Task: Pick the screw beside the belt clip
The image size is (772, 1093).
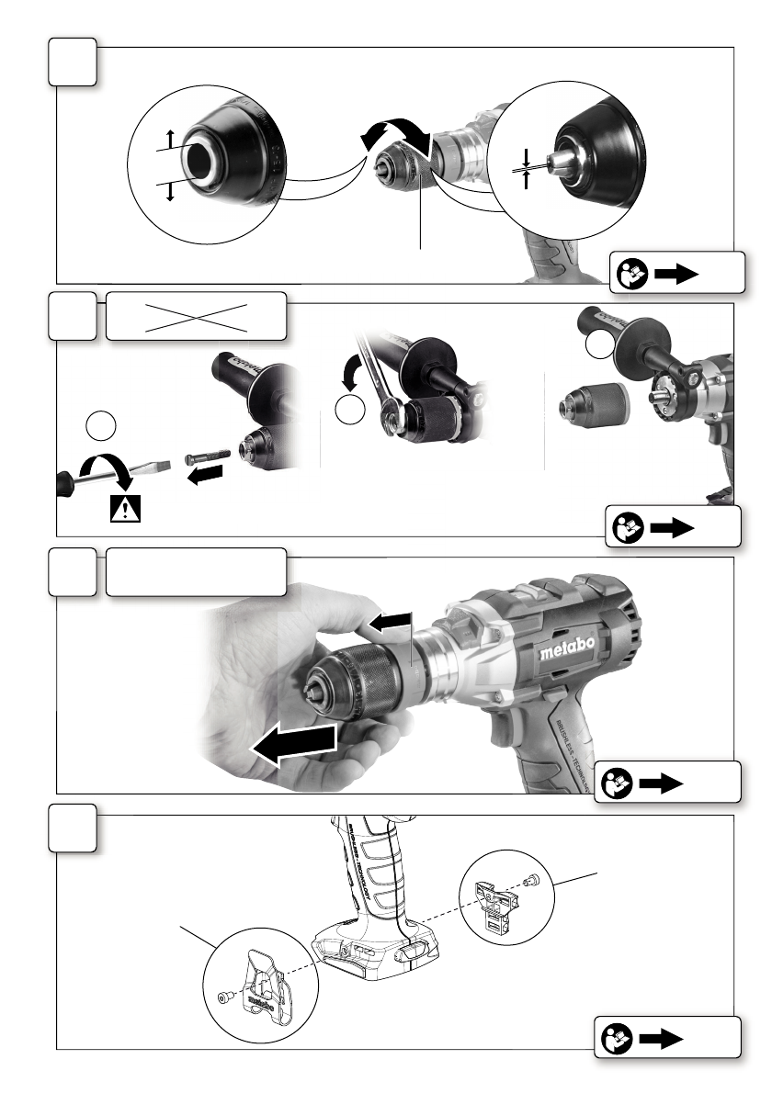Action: (x=223, y=997)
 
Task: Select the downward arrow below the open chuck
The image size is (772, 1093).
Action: (x=169, y=192)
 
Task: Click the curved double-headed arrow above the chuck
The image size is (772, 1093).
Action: (x=393, y=139)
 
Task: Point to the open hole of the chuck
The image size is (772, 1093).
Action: (x=201, y=163)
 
